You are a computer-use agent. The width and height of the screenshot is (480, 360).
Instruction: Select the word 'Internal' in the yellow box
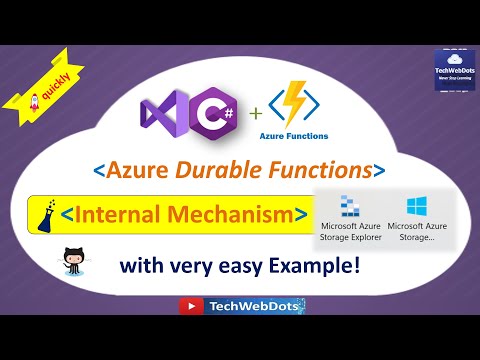[x=140, y=214]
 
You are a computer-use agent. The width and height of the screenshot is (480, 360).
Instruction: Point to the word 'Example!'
[x=329, y=267]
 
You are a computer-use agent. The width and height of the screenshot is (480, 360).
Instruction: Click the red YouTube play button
[x=186, y=307]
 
